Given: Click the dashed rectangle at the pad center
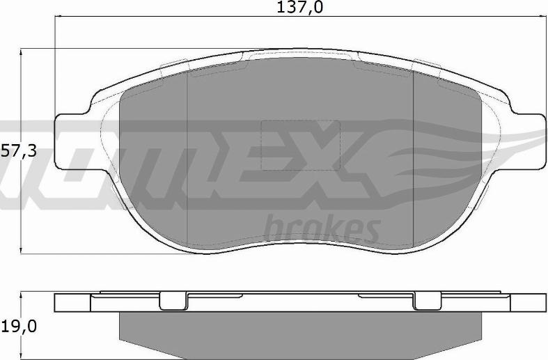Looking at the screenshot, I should (x=299, y=145).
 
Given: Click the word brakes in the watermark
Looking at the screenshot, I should (x=322, y=227).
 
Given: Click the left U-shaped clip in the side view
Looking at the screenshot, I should (x=174, y=301).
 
